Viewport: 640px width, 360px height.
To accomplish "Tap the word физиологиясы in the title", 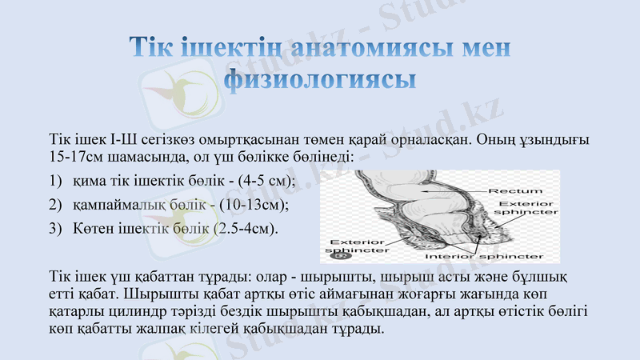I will click(x=320, y=80).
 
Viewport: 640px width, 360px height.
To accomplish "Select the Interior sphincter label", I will click(x=484, y=256).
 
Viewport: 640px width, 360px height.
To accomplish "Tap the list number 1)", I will click(x=55, y=182).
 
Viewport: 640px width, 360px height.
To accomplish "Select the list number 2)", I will click(x=55, y=206).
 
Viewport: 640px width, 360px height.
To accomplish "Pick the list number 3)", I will click(x=55, y=230).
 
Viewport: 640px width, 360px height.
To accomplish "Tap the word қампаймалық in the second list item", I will click(x=121, y=206).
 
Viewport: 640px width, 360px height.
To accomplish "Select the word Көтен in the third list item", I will click(x=94, y=230).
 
